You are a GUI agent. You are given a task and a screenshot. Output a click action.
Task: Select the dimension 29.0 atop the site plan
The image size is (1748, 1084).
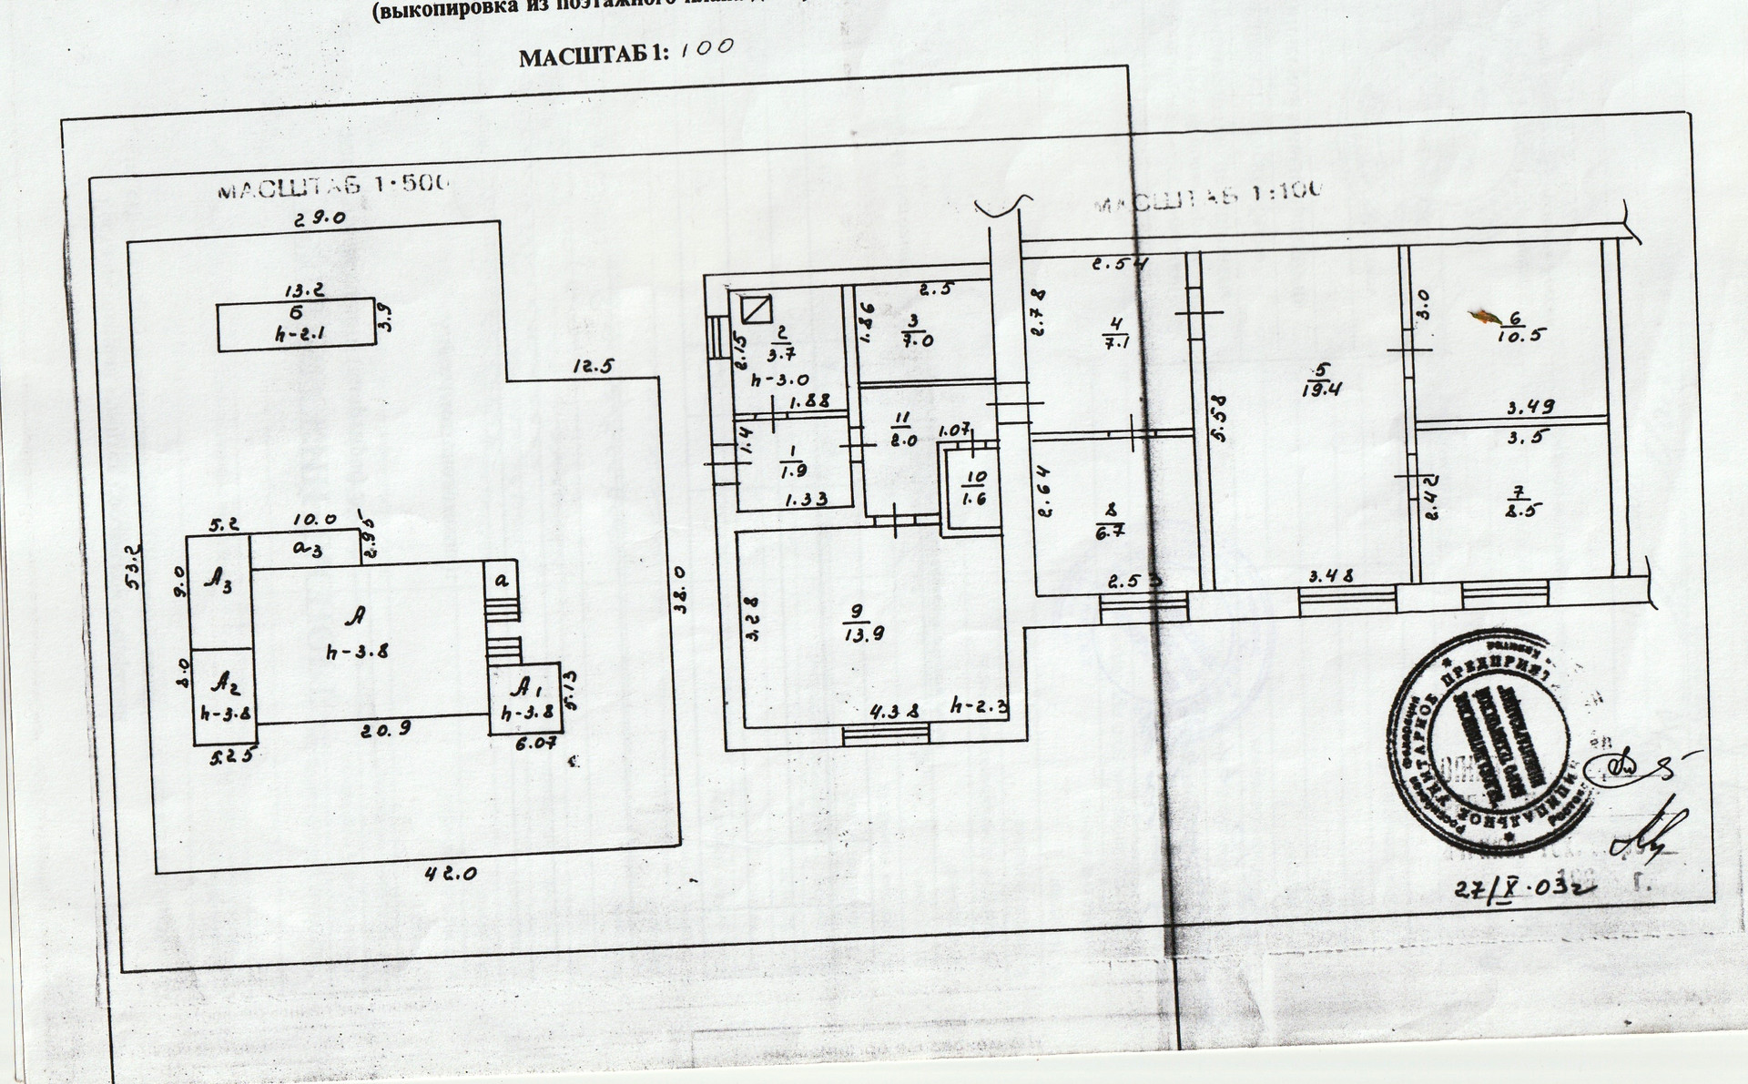[317, 218]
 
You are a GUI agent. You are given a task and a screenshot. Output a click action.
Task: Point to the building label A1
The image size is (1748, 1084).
[523, 685]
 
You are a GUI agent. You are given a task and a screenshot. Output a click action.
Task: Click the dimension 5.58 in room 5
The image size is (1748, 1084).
[1220, 418]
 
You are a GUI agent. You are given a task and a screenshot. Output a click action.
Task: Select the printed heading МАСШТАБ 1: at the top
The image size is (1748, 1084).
[593, 57]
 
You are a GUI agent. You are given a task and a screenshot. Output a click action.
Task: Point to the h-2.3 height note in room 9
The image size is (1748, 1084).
[978, 704]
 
